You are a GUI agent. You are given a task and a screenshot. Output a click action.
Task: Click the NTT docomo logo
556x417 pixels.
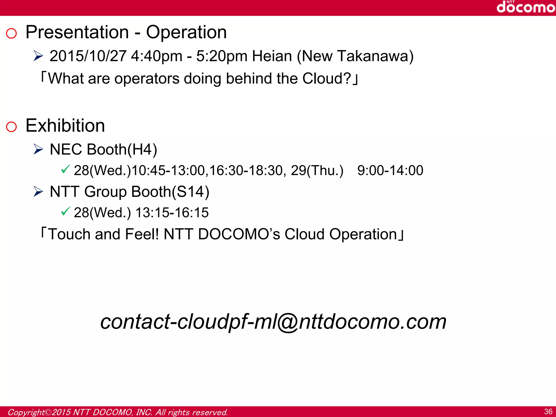(526, 7)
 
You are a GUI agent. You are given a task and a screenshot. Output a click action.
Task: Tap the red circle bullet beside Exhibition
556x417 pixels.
(11, 127)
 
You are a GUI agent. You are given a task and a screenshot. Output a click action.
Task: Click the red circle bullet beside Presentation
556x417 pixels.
(11, 33)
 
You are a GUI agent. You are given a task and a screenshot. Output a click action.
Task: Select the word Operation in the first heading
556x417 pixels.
(186, 33)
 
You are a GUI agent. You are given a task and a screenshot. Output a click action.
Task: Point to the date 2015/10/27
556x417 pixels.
(88, 56)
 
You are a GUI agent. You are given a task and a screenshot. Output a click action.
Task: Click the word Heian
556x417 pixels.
(272, 56)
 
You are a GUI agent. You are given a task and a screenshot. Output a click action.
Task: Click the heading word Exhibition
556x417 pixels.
(65, 126)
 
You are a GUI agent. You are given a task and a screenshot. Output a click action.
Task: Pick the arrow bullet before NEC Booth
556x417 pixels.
(38, 149)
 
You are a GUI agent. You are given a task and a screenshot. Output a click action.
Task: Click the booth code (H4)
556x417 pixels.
(142, 150)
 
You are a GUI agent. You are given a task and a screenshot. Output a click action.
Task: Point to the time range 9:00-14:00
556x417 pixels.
(390, 170)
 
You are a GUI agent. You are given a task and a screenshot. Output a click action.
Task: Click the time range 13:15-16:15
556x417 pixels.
(172, 213)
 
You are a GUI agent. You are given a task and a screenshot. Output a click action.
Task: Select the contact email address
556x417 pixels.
(273, 321)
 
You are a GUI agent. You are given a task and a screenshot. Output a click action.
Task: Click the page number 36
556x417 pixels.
(548, 412)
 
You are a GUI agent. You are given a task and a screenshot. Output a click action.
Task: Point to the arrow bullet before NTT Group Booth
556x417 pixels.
(38, 192)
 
